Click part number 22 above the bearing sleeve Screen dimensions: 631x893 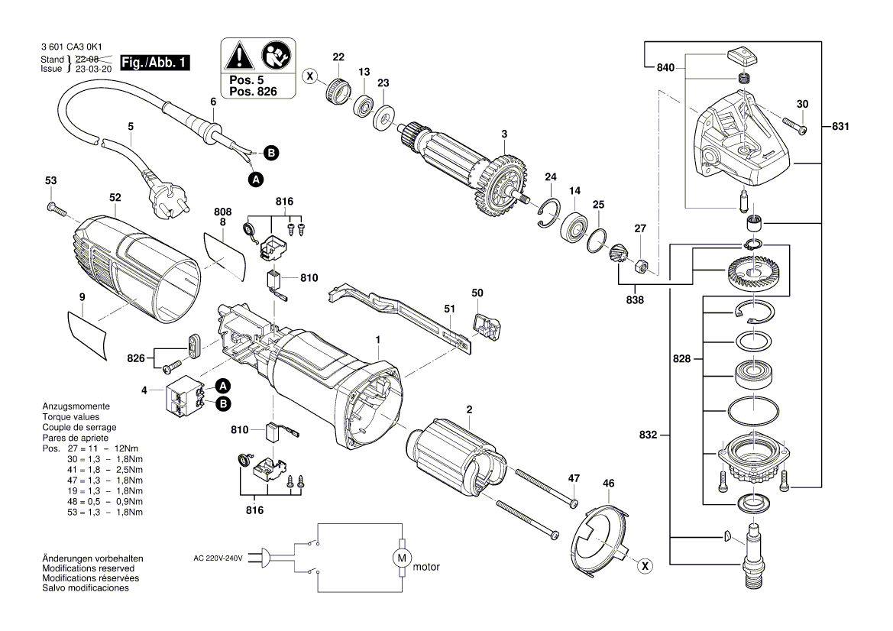pos(338,57)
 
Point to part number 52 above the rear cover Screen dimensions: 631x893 pos(115,197)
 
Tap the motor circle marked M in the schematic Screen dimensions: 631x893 pos(401,558)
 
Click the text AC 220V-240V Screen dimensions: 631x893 pos(218,558)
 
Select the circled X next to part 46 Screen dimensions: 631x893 pos(645,566)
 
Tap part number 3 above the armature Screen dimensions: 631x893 pos(504,134)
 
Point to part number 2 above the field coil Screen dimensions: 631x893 pos(469,409)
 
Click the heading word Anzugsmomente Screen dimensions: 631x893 pos(76,406)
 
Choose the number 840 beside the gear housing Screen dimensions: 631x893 pos(666,68)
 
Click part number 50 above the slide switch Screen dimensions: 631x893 pos(477,293)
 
